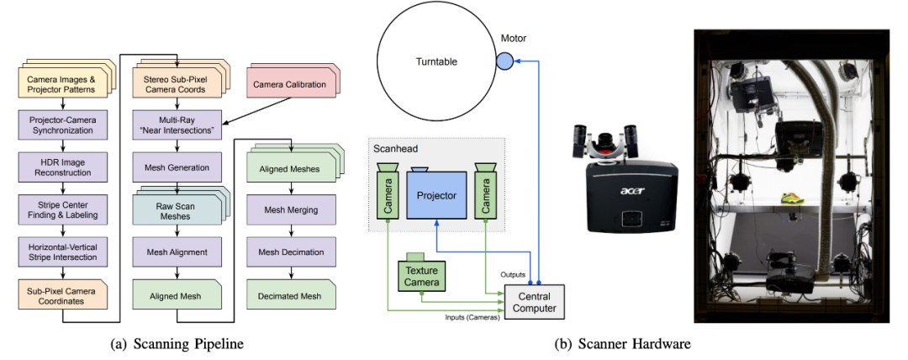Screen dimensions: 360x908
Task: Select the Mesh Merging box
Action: pos(291,209)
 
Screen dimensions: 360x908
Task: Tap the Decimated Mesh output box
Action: pos(291,294)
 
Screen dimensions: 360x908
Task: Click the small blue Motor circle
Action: pos(505,61)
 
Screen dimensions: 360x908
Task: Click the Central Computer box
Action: pos(535,300)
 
